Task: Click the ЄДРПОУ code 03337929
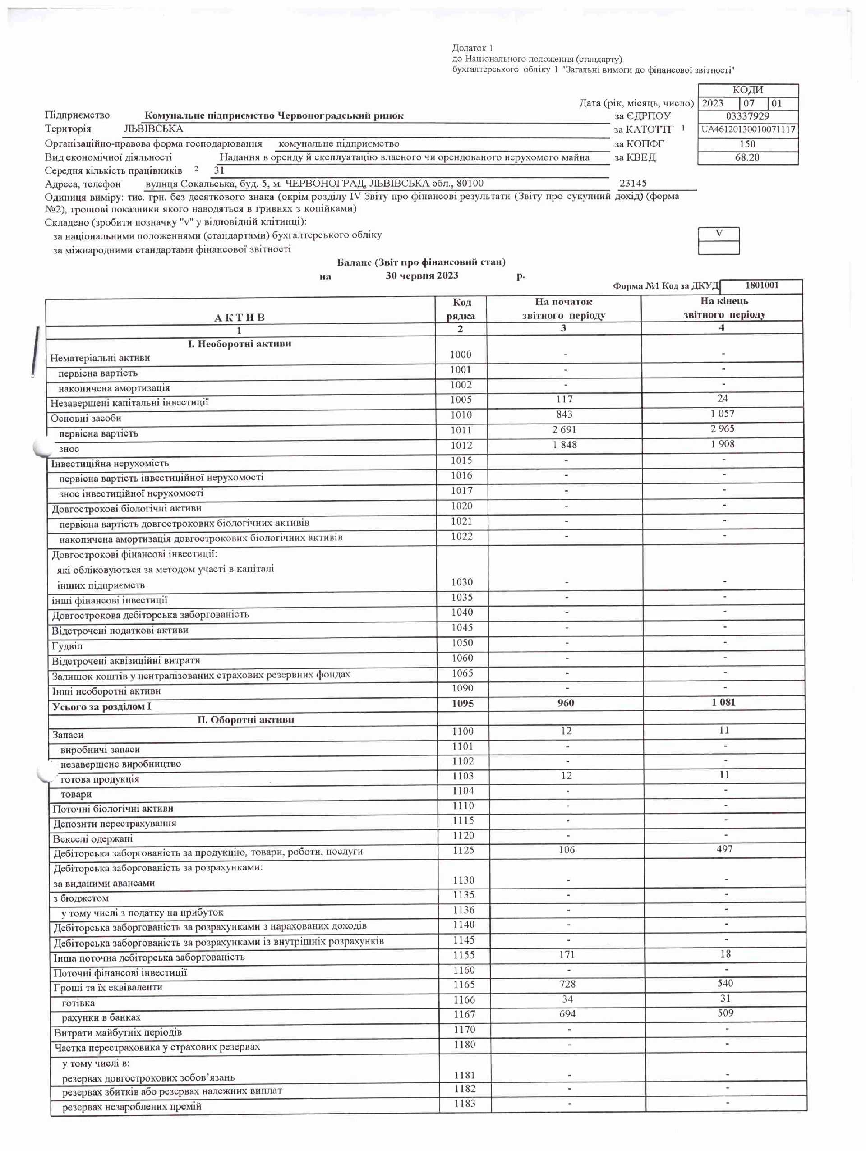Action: [747, 116]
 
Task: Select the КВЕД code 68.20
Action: [747, 157]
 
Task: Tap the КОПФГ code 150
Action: [747, 143]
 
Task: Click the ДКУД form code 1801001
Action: [761, 285]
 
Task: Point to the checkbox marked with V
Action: [719, 234]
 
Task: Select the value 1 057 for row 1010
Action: [723, 414]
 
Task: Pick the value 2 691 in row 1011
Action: [564, 430]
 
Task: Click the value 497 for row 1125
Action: [724, 849]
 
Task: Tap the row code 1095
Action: [462, 704]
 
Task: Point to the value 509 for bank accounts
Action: [725, 1013]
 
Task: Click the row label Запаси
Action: [68, 735]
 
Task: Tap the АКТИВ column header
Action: [240, 318]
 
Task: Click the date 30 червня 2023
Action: [422, 276]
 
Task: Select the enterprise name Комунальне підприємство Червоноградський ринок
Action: [274, 116]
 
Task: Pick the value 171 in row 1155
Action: [567, 954]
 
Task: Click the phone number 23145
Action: [633, 183]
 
